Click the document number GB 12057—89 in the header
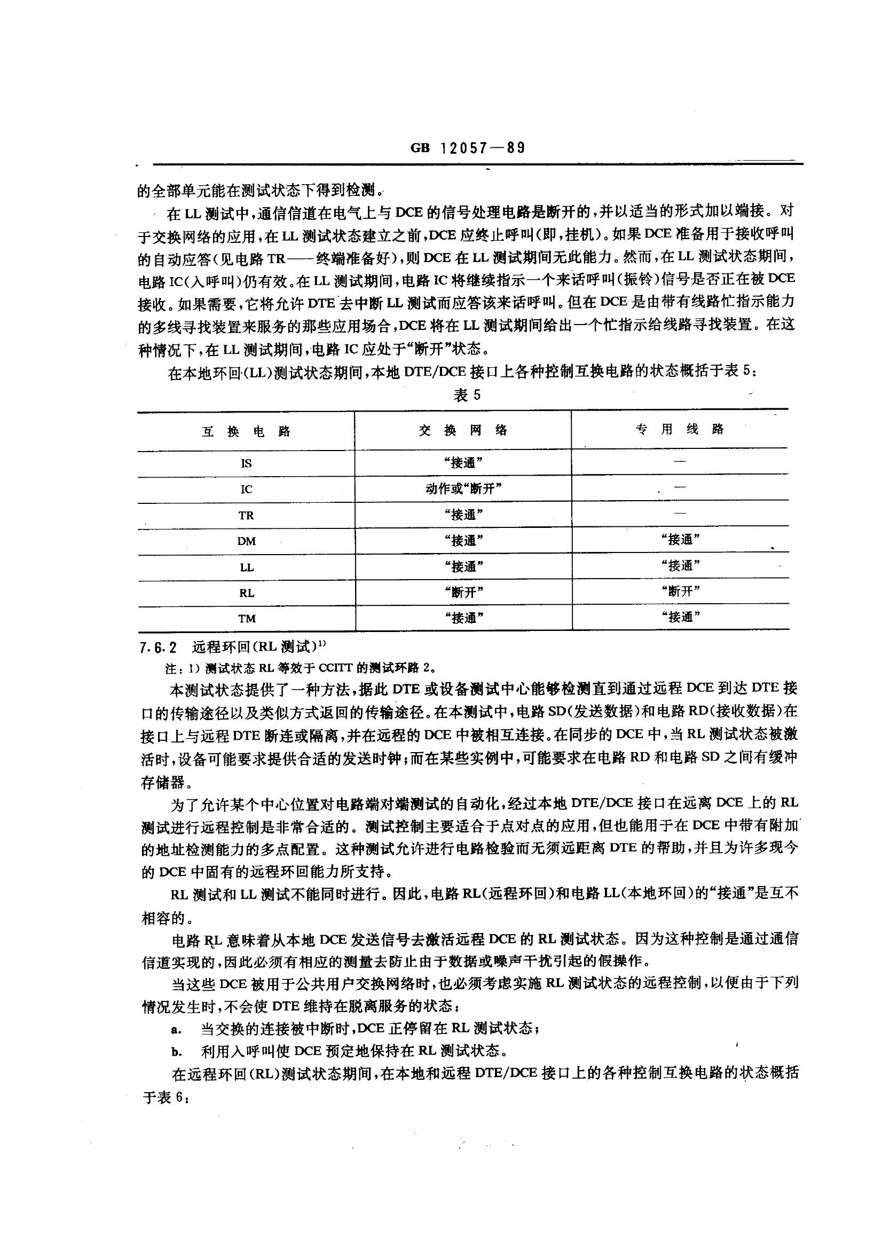pyautogui.click(x=468, y=148)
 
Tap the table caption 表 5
pyautogui.click(x=467, y=395)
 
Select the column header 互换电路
pyautogui.click(x=246, y=432)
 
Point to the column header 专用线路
pyautogui.click(x=680, y=429)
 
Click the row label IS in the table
pyautogui.click(x=246, y=464)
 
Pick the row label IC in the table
pyautogui.click(x=246, y=489)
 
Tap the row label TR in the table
pyautogui.click(x=246, y=515)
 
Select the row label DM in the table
pyautogui.click(x=246, y=541)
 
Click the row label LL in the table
pyautogui.click(x=246, y=567)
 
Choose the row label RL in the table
pyautogui.click(x=246, y=593)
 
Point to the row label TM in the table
pyautogui.click(x=246, y=619)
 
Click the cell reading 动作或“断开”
pyautogui.click(x=463, y=488)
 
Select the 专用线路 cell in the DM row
pyautogui.click(x=680, y=540)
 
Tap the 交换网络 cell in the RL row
pyautogui.click(x=463, y=592)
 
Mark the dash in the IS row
pyautogui.click(x=680, y=462)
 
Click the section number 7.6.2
pyautogui.click(x=158, y=647)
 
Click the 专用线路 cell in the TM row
pyautogui.click(x=680, y=617)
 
